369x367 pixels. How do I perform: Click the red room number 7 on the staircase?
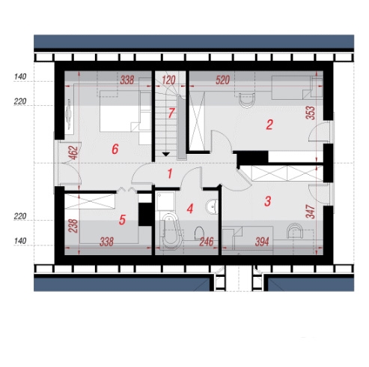click(x=171, y=113)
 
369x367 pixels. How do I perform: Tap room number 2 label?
click(x=269, y=125)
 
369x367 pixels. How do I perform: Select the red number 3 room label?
click(x=267, y=201)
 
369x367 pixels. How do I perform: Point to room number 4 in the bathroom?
click(x=190, y=209)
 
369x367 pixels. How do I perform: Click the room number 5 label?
click(x=122, y=220)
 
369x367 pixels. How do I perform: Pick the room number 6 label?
click(x=115, y=149)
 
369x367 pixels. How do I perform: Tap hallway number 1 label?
click(x=170, y=173)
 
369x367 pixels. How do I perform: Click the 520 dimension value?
click(x=222, y=80)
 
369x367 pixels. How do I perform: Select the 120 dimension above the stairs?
click(x=168, y=80)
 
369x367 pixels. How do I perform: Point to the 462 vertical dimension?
click(x=74, y=152)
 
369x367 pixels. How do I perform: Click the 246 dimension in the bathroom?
click(x=207, y=242)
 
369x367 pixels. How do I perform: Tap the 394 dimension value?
click(x=262, y=242)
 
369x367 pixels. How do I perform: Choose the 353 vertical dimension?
click(x=311, y=113)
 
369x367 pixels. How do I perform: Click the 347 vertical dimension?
click(x=311, y=212)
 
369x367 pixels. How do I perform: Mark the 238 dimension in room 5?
click(x=73, y=226)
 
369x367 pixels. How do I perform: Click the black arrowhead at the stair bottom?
click(x=166, y=154)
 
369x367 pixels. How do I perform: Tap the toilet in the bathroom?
click(x=199, y=233)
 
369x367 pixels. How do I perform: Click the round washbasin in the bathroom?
click(x=212, y=206)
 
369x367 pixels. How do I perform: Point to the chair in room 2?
click(x=247, y=100)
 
